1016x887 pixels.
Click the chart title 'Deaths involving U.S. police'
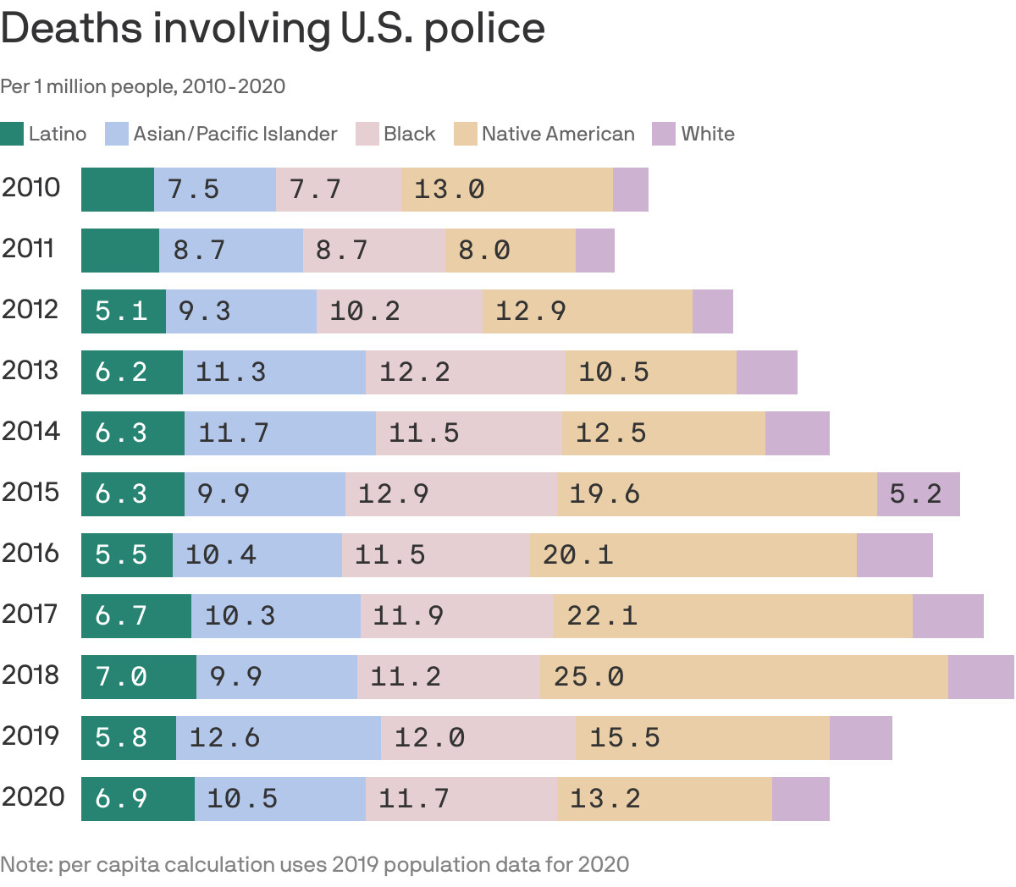click(x=273, y=29)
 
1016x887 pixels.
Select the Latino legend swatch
click(x=12, y=134)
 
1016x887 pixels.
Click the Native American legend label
click(x=557, y=134)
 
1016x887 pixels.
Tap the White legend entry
click(x=707, y=134)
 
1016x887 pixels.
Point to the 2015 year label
click(x=30, y=493)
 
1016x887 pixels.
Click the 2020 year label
click(x=32, y=797)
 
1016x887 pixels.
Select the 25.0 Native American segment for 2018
click(x=743, y=676)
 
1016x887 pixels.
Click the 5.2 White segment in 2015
click(x=918, y=493)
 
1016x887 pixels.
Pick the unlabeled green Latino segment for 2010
click(x=118, y=189)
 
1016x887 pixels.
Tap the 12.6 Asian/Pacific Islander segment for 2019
click(x=278, y=737)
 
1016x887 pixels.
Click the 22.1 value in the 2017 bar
click(x=602, y=615)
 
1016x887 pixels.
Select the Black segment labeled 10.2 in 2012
click(x=399, y=311)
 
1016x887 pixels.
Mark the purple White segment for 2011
click(x=594, y=250)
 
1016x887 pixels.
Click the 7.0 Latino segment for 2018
click(x=138, y=676)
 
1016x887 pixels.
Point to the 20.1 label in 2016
click(x=577, y=554)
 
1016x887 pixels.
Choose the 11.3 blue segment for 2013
click(x=273, y=372)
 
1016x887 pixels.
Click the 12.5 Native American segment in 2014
click(x=663, y=432)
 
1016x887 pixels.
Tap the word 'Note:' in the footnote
click(x=25, y=865)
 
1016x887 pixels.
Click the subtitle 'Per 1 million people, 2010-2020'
click(x=142, y=86)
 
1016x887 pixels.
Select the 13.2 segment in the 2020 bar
click(x=664, y=798)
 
